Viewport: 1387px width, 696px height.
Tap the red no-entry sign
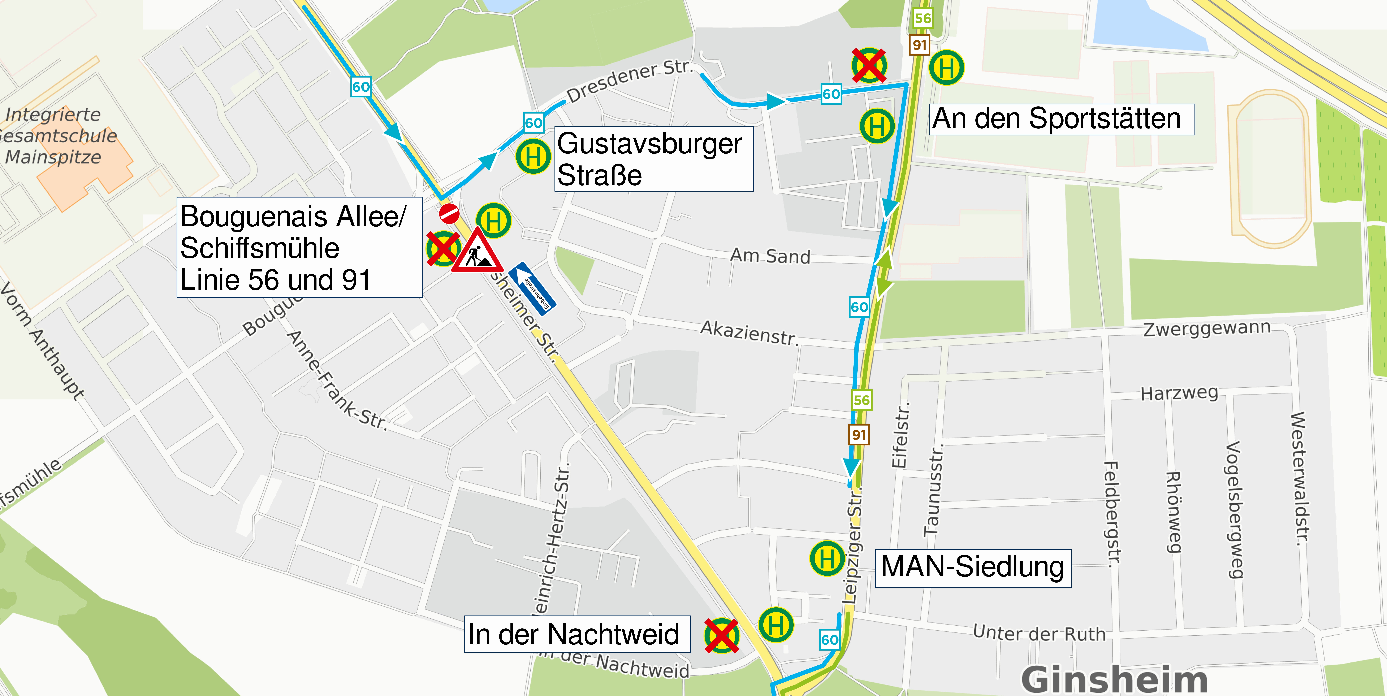pyautogui.click(x=449, y=213)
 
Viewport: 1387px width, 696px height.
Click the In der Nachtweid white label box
pyautogui.click(x=577, y=634)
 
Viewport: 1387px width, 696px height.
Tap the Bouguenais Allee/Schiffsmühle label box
pyautogui.click(x=299, y=247)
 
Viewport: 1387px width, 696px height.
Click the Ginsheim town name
pyautogui.click(x=1115, y=679)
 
